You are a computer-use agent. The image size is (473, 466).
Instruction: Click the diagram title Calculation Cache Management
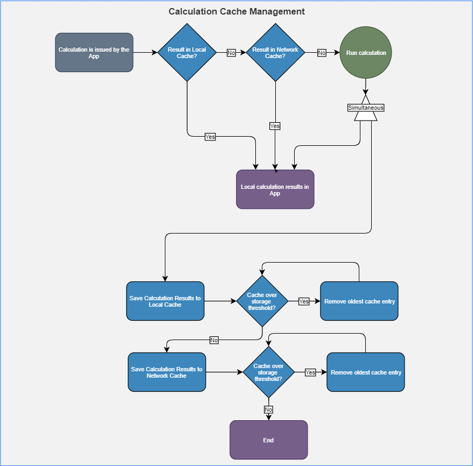[236, 11]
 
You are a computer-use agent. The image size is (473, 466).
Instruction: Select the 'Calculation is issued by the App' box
[94, 52]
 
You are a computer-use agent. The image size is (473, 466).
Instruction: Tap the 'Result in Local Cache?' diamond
[187, 52]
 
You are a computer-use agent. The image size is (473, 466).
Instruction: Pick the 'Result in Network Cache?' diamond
[275, 52]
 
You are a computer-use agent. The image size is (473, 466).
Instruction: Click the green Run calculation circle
[366, 52]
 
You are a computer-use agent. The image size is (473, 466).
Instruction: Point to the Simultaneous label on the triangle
[366, 108]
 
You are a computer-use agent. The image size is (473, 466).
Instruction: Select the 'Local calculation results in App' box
[275, 189]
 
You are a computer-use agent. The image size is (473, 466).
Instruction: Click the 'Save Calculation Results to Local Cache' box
[165, 301]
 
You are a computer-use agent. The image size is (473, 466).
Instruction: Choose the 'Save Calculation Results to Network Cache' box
[167, 372]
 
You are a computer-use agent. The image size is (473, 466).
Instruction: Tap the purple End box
[269, 440]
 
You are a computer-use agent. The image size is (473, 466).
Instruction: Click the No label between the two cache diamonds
[231, 53]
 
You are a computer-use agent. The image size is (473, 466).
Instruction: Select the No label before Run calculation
[322, 53]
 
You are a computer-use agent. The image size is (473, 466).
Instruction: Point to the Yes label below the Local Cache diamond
[210, 137]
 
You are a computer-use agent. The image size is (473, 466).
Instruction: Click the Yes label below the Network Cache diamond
[275, 126]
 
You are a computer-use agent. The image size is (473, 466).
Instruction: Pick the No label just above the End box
[268, 409]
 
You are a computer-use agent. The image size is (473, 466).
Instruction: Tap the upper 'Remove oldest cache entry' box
[359, 301]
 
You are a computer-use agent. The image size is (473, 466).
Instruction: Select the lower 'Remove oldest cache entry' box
[366, 372]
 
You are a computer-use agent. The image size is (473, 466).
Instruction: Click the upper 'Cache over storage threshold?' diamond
[262, 301]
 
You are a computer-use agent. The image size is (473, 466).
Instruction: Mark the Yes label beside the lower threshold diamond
[310, 372]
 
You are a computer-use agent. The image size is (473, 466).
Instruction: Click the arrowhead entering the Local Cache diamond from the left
[155, 52]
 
